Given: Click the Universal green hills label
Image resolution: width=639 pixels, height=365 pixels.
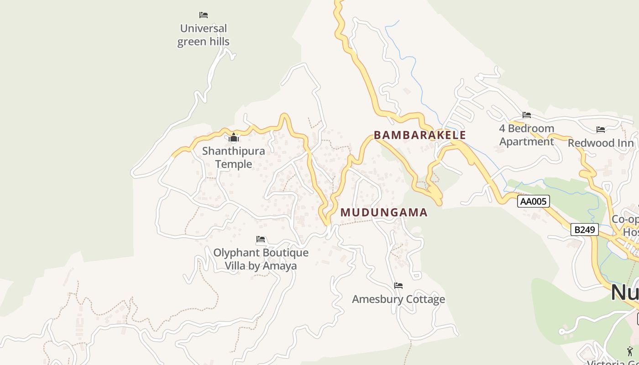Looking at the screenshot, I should click(203, 35).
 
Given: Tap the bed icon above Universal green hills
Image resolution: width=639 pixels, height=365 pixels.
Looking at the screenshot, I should click(204, 15).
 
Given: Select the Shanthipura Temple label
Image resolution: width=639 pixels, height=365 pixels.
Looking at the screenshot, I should click(233, 157).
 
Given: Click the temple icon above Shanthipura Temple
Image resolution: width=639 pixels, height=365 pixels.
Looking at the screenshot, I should click(234, 137).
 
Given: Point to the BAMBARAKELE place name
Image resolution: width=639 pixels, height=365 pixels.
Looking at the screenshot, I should click(420, 135).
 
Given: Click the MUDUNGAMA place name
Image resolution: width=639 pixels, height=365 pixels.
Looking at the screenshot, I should click(384, 213).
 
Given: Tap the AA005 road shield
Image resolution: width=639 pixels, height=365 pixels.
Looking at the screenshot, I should click(533, 201).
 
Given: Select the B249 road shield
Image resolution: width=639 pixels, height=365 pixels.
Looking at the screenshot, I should click(584, 229).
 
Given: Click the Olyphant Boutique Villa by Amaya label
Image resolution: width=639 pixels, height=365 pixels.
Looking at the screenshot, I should click(261, 259).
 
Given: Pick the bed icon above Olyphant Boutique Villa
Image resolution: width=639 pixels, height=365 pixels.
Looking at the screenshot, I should click(261, 239).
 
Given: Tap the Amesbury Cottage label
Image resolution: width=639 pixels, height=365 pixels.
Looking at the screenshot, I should click(398, 299).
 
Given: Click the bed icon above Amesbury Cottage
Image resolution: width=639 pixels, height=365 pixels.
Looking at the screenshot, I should click(398, 286).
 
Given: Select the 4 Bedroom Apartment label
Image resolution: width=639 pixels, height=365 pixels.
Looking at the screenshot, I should click(527, 135).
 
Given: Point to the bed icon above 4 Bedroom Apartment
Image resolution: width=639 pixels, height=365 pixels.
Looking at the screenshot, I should click(527, 115).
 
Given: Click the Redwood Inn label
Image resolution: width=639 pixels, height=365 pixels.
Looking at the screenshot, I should click(601, 143).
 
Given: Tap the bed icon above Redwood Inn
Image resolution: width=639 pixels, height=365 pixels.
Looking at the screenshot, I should click(601, 130).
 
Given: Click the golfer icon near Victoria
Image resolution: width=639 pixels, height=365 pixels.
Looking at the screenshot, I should click(630, 351).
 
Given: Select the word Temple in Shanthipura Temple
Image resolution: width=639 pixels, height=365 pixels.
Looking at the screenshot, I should click(233, 164).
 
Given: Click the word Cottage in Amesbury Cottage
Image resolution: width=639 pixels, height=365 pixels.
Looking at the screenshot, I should click(423, 299).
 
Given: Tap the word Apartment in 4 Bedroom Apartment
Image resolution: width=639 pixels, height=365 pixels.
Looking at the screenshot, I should click(527, 142).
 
